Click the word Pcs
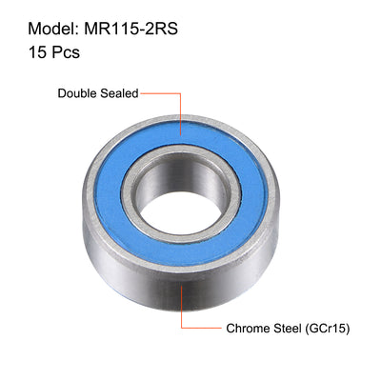click(x=61, y=51)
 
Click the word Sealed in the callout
click(x=121, y=93)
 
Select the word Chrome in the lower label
click(x=247, y=329)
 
